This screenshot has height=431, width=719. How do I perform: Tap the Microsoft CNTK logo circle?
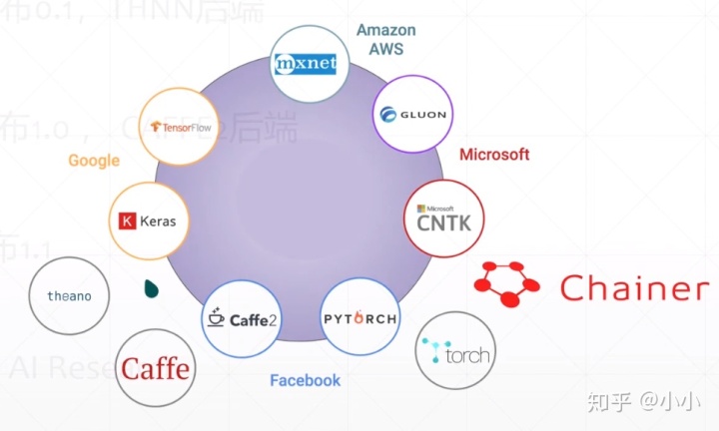point(443,218)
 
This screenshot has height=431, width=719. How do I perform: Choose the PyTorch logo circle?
point(359,319)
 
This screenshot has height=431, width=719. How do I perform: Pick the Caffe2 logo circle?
point(243,319)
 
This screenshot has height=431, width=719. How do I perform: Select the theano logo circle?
point(69,296)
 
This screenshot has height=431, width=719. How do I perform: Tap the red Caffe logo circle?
point(155,369)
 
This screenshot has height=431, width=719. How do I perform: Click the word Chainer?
point(634,288)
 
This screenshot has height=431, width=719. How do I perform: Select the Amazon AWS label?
point(385,39)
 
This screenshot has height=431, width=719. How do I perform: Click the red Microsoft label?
point(493,155)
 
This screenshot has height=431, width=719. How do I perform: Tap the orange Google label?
point(94,161)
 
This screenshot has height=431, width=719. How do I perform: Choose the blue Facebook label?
point(305,380)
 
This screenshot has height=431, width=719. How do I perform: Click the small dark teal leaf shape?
point(151,289)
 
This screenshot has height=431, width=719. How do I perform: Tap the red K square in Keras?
point(127,221)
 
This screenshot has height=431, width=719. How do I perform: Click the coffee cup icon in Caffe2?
point(215,319)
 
